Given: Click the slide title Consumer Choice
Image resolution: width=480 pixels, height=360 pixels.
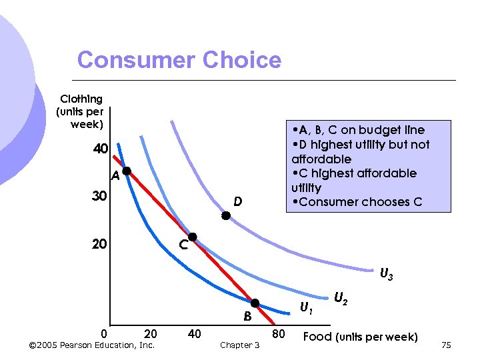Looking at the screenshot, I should tap(179, 60).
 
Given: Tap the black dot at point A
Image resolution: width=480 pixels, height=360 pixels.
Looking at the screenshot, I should tap(126, 171).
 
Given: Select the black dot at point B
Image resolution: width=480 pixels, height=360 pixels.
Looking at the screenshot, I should tap(255, 303).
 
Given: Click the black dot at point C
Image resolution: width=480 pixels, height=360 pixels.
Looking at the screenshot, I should tap(193, 237).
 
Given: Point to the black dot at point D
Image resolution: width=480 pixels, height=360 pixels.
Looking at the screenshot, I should tap(226, 215).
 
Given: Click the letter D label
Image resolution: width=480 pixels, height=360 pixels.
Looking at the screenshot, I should tap(237, 201).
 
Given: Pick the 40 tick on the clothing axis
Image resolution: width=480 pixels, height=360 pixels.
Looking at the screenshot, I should tap(100, 149).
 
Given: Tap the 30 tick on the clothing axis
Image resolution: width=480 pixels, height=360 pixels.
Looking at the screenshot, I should tap(100, 197).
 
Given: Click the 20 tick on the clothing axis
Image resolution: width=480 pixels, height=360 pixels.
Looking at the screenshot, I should tap(100, 245).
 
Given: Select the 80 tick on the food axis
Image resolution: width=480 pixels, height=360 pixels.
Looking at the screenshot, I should tap(278, 333).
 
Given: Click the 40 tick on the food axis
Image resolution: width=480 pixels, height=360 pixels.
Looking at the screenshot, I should tap(194, 333).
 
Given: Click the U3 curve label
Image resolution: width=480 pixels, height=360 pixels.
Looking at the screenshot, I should tap(386, 274).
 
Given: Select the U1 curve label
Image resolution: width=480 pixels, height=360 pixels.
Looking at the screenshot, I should tap(306, 309).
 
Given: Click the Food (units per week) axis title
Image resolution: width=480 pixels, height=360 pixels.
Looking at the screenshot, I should tap(360, 337).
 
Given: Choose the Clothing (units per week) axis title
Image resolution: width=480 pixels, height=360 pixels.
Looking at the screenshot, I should tap(81, 112).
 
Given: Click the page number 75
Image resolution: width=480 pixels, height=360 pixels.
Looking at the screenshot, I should tap(446, 345).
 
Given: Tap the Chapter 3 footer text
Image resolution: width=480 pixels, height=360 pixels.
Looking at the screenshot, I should tap(239, 345).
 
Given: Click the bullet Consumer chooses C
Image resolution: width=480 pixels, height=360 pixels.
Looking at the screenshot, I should tap(357, 202).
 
